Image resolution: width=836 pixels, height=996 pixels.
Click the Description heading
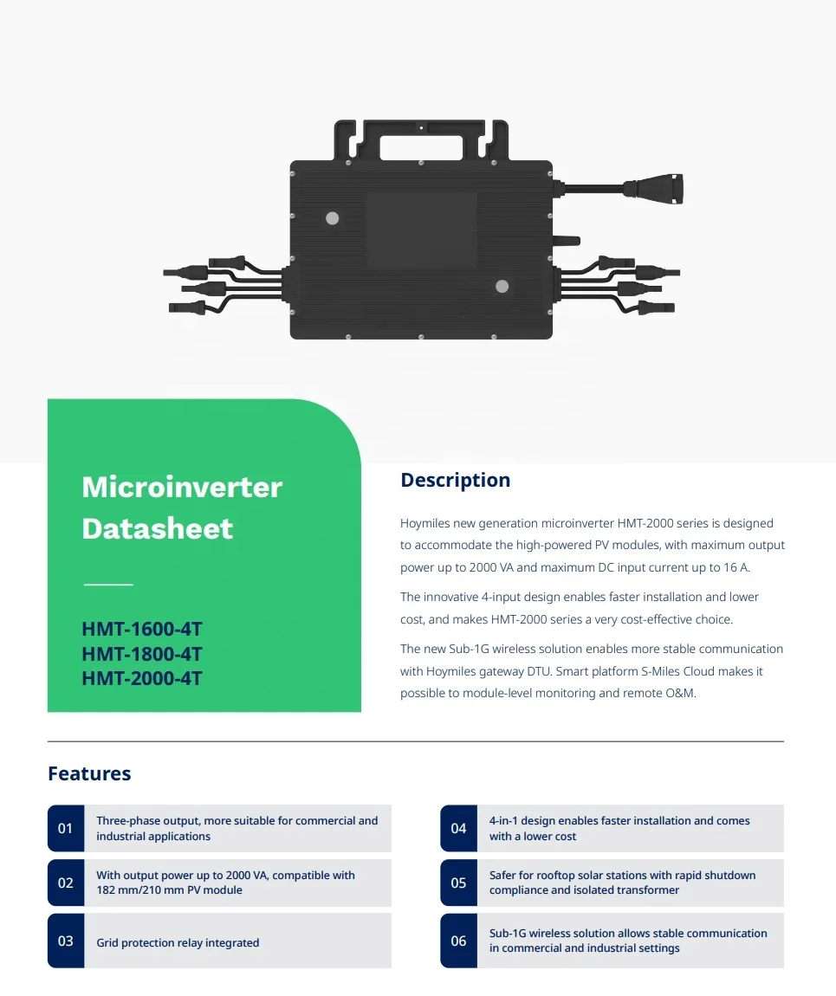pos(455,481)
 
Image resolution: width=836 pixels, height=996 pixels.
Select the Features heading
pos(89,773)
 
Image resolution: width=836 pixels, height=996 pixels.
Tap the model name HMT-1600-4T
pos(141,629)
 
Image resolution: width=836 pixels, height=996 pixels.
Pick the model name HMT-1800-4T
pos(141,654)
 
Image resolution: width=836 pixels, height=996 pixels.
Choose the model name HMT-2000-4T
pos(141,678)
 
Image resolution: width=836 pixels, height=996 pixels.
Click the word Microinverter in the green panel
pos(182,487)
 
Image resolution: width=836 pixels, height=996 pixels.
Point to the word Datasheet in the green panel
pos(157,528)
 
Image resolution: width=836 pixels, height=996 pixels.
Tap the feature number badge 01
pos(66,829)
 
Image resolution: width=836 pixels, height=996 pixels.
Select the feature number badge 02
pos(66,883)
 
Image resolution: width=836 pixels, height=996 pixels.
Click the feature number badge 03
pos(66,941)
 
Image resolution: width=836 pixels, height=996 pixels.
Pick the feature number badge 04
pos(458,829)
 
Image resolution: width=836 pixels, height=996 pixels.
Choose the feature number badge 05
pos(458,883)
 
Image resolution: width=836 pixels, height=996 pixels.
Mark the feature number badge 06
pos(458,941)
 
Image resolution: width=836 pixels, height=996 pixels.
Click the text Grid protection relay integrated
pos(178,942)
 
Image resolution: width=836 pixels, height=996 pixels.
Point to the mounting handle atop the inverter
pos(420,139)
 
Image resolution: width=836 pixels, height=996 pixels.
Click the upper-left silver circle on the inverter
pos(332,218)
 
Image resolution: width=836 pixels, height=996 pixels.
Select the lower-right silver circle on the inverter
pos(502,287)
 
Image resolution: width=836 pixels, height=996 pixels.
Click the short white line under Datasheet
pos(108,585)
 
